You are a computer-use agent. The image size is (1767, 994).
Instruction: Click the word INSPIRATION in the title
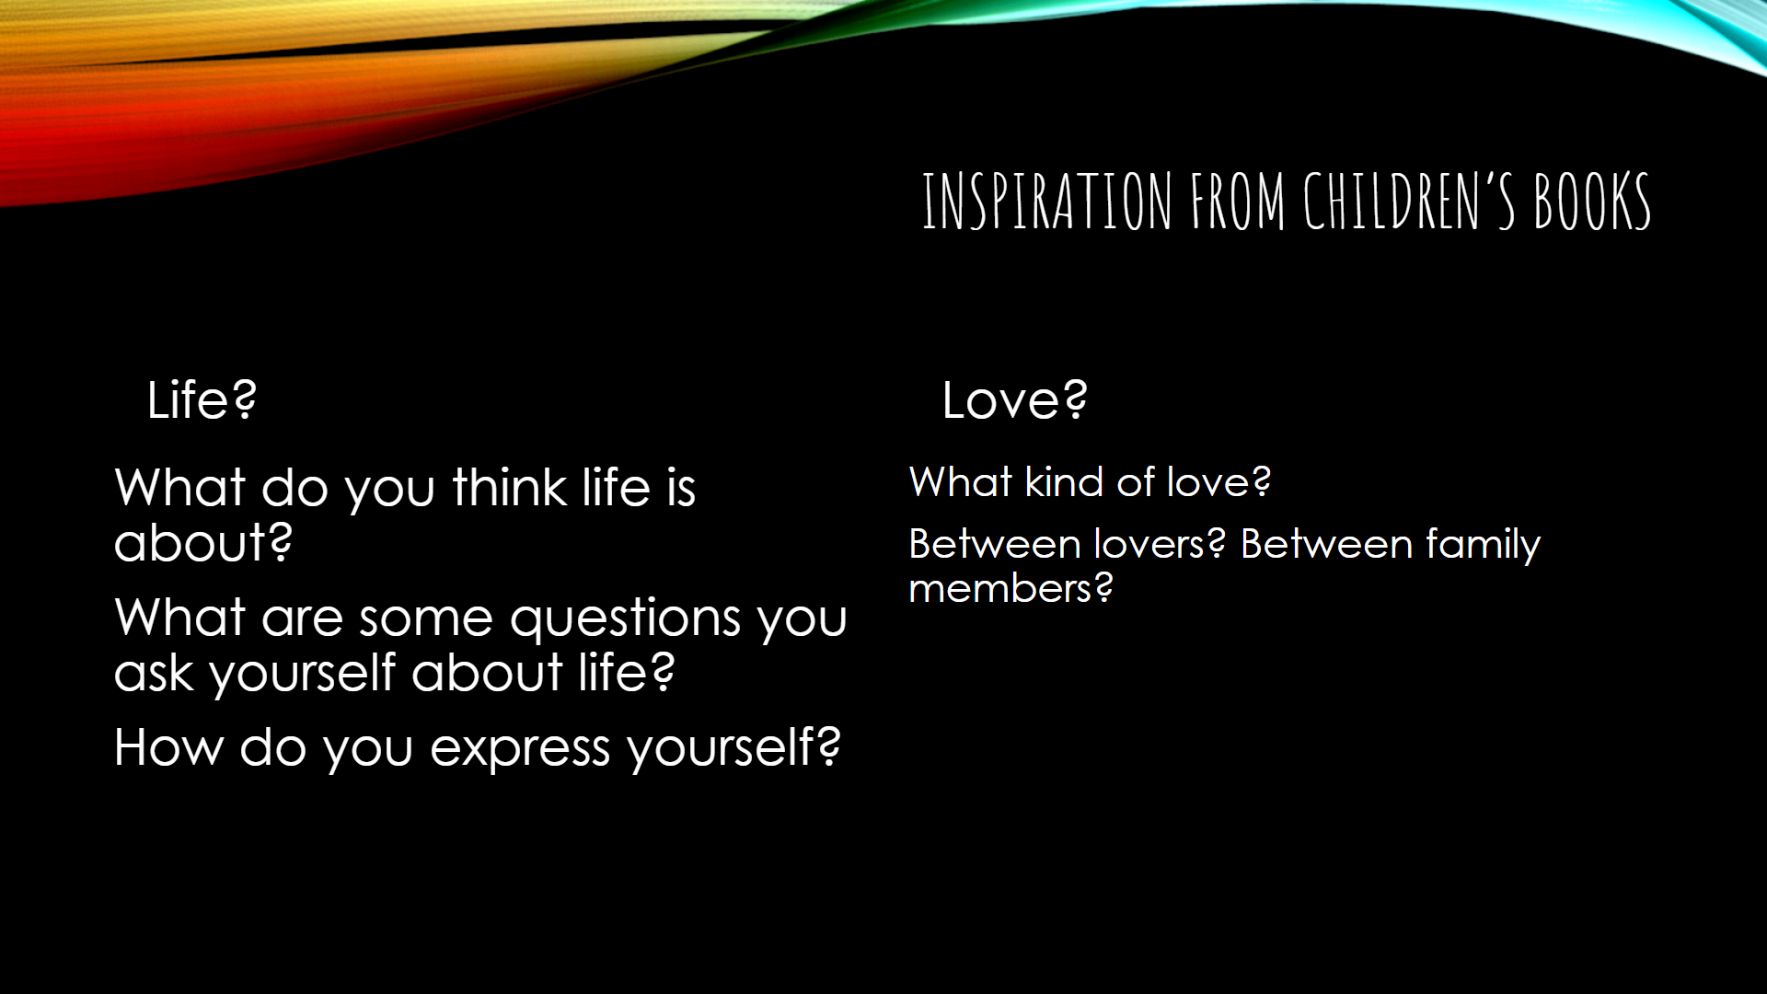point(1047,201)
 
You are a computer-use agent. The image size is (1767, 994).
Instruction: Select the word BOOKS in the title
point(1592,201)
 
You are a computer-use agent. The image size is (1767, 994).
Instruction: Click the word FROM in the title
point(1238,201)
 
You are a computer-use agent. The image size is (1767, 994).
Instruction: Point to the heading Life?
point(202,400)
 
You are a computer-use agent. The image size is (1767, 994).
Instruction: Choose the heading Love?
point(1014,400)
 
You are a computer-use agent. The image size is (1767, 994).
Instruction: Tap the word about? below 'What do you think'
point(203,542)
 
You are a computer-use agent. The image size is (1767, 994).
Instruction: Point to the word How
point(168,746)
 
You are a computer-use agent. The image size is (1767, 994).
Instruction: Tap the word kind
point(1063,481)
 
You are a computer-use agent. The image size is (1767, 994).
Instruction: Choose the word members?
point(1011,588)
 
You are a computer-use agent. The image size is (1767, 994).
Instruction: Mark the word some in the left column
point(426,618)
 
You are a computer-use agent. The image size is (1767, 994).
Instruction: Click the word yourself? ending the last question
point(733,748)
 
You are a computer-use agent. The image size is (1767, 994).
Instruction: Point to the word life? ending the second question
point(626,672)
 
